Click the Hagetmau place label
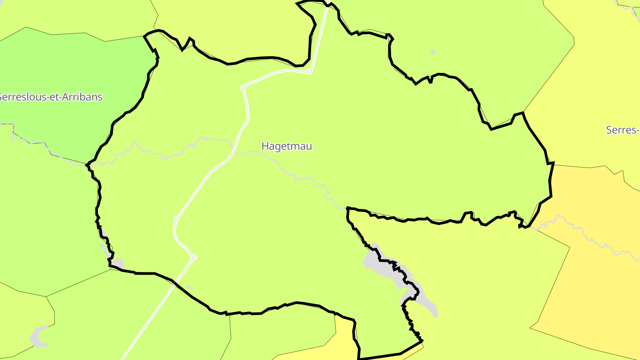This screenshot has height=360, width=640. pos(287,146)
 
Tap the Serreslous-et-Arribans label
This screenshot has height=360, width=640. pos(50,97)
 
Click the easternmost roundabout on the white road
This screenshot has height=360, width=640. pos(310,72)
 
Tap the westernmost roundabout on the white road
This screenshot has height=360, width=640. pos(176,219)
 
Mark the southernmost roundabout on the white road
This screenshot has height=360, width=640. pos(194,257)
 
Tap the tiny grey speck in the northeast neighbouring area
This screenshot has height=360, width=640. pos(433,52)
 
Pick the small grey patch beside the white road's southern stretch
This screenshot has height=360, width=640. pos(189,287)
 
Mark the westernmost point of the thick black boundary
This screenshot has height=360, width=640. pos(86,165)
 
